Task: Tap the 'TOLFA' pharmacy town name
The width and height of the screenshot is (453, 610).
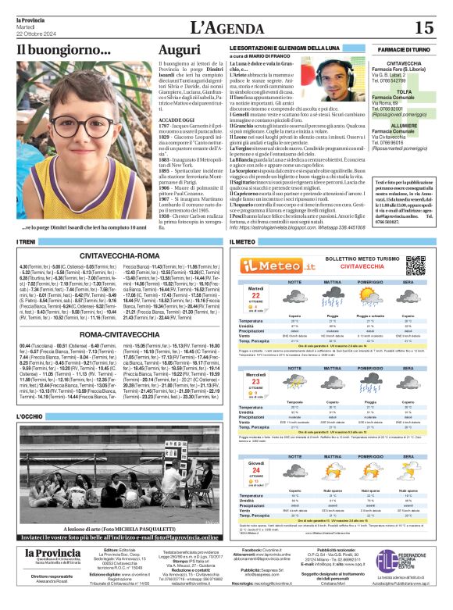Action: coord(410,91)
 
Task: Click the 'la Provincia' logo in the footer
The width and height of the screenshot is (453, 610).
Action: coord(52,554)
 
